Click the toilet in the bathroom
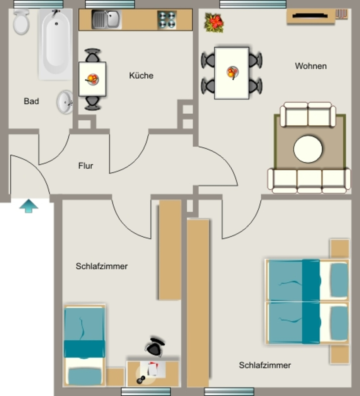coord(21,22)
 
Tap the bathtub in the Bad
coord(56,44)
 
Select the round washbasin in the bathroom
coord(65,102)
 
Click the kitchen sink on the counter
coord(106,19)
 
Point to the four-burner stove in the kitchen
coord(167,20)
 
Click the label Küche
coord(141,75)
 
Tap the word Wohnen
coord(311,66)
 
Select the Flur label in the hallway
coord(85,166)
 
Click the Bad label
coord(31,101)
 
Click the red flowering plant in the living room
coord(214,23)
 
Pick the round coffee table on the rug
coord(308,149)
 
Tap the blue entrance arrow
coord(29,206)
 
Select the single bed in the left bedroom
coord(84,345)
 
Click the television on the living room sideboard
coord(310,16)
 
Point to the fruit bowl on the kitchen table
coord(92,79)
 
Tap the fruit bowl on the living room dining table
coord(232,72)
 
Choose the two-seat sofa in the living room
coord(308,114)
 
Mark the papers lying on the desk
coord(152,369)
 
